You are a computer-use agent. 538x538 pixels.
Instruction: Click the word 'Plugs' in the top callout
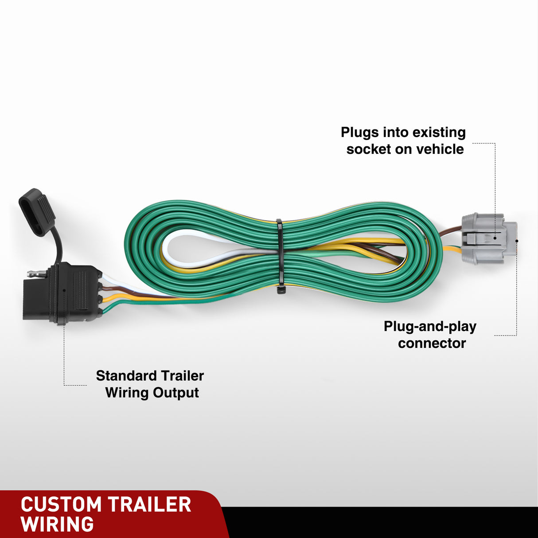pos(360,133)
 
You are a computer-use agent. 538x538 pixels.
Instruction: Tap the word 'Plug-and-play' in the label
pos(430,327)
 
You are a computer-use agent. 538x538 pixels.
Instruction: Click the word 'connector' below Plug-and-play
pos(432,343)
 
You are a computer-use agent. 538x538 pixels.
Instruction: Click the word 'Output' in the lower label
pos(176,393)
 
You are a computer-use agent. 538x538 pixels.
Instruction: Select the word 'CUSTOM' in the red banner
pos(61,505)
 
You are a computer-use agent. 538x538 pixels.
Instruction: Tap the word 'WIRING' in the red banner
pos(57,525)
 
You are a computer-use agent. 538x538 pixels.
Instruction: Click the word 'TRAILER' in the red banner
pos(149,505)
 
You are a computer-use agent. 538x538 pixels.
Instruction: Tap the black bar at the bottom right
pos(381,523)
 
